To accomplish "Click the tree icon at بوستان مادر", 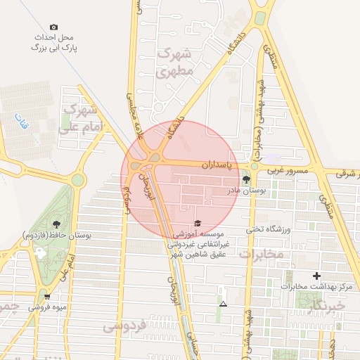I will click(245, 180).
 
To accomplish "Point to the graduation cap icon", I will click(196, 222).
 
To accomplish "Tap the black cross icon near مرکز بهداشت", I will click(316, 276).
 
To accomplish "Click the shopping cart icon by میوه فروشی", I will click(46, 296).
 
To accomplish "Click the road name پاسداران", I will click(211, 165).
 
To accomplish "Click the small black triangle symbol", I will click(223, 304).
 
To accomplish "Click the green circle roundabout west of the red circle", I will click(77, 180).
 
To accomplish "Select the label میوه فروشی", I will click(47, 307).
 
